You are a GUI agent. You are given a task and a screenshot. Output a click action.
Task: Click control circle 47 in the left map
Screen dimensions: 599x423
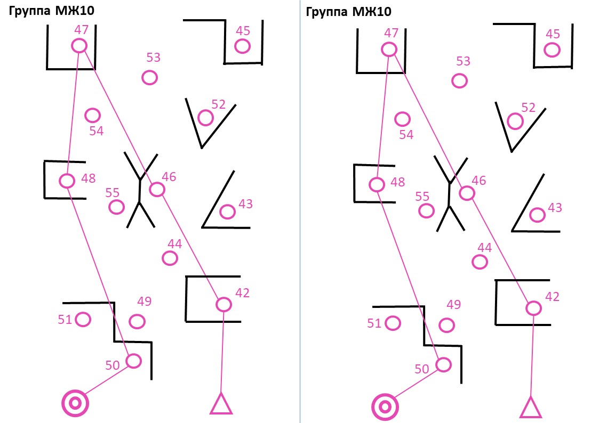pos(79,46)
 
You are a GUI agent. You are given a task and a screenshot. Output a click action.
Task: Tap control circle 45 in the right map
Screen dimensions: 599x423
pos(552,50)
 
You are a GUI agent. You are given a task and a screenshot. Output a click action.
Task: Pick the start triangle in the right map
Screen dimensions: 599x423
pos(531,407)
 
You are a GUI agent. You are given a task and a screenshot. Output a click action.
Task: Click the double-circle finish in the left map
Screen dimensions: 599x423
pos(75,403)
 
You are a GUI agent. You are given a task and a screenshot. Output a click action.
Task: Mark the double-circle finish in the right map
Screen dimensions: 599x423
pos(385,407)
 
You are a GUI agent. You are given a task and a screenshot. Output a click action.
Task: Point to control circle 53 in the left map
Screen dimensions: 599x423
pos(150,78)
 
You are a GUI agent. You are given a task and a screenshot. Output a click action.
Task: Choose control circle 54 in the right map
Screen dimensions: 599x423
pos(402,119)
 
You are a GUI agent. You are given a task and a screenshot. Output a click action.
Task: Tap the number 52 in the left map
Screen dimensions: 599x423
pos(219,104)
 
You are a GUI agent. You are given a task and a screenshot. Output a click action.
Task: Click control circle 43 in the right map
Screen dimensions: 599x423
pos(537,215)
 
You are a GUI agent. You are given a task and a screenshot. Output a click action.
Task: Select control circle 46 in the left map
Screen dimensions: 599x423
pos(157,189)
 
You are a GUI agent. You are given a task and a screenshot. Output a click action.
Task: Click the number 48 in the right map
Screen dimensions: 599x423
pos(398,182)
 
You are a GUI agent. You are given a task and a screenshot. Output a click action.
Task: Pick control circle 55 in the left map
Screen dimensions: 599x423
pos(116,207)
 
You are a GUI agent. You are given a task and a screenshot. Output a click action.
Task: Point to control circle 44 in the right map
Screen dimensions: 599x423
pos(480,262)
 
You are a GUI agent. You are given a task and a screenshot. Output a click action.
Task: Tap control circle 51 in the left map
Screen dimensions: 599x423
pos(83,319)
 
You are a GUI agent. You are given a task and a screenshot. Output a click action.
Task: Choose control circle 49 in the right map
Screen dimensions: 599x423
pos(446,326)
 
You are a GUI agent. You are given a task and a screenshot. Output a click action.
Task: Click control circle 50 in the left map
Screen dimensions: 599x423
pos(134,361)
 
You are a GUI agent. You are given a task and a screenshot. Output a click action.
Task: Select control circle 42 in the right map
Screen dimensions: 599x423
pos(534,308)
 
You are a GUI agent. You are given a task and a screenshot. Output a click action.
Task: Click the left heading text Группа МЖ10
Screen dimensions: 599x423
pos(52,10)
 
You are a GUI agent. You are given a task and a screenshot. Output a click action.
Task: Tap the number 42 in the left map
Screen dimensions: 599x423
pos(243,292)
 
